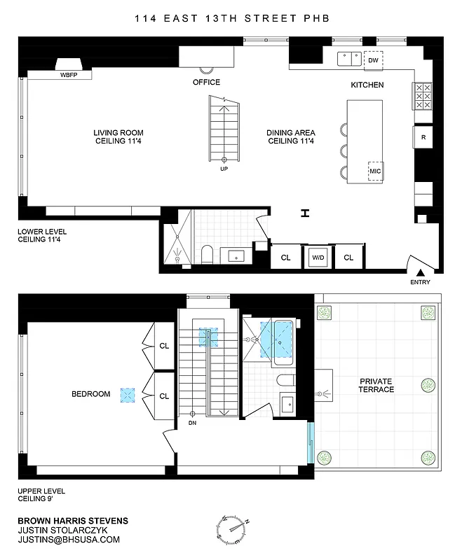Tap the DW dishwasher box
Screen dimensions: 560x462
click(373, 61)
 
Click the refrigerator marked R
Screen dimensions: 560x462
click(423, 137)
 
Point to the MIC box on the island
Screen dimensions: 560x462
click(374, 171)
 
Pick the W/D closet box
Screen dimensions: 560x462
click(318, 258)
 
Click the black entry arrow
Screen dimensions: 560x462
click(420, 272)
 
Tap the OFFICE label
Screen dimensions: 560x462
click(206, 83)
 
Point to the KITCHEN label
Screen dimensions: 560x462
click(367, 85)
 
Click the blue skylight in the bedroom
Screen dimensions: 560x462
click(127, 395)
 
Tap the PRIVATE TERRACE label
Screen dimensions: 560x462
click(376, 385)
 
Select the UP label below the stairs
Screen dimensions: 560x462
click(224, 169)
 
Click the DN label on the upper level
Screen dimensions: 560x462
click(192, 423)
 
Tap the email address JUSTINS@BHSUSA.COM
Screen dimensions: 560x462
click(69, 540)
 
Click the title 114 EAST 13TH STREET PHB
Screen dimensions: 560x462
click(231, 20)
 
